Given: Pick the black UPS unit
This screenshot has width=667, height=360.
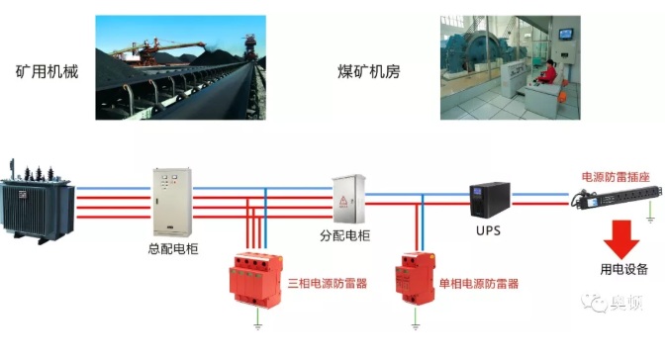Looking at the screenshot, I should point(491,202).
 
